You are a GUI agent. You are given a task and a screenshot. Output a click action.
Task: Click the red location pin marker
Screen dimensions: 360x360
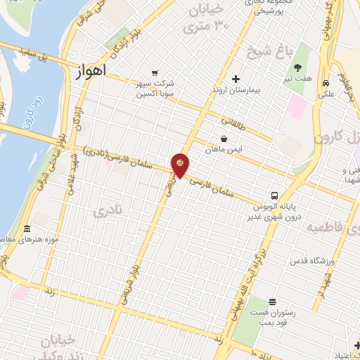pyautogui.click(x=180, y=165)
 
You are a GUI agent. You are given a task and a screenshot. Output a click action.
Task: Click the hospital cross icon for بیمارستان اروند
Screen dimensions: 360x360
pyautogui.click(x=236, y=79)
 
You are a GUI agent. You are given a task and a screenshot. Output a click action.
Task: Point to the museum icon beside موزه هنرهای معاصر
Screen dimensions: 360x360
pyautogui.click(x=27, y=230)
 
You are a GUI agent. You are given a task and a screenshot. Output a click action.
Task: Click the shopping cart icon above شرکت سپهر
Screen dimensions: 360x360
pyautogui.click(x=155, y=72)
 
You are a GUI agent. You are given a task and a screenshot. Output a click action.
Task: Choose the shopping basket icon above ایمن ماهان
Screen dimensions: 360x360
pyautogui.click(x=224, y=139)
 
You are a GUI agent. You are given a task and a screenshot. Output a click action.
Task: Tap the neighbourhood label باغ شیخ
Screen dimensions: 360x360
pyautogui.click(x=259, y=50)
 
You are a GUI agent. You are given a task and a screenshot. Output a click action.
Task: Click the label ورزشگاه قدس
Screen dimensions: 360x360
pyautogui.click(x=310, y=262)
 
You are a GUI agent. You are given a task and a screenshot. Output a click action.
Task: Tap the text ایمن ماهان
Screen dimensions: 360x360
pyautogui.click(x=224, y=150)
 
